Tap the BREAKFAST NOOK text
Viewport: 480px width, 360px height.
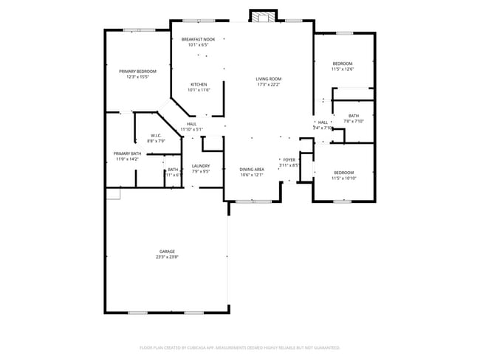[198, 39]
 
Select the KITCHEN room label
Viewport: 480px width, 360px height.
[199, 84]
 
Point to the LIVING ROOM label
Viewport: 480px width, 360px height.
[269, 79]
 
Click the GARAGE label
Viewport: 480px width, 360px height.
[167, 252]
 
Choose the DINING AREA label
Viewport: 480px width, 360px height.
[252, 170]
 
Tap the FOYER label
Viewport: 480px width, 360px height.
[289, 159]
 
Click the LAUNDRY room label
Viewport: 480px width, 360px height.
[201, 166]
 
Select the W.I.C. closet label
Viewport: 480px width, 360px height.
[157, 135]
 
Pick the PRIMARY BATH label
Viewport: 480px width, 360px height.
[126, 153]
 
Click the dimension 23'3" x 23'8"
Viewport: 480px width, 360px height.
[167, 257]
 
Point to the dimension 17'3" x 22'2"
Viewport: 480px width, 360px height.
[269, 85]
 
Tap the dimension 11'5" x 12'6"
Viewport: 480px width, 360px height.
[343, 69]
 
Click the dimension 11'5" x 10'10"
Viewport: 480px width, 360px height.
[343, 179]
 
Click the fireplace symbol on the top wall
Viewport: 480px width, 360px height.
[264, 16]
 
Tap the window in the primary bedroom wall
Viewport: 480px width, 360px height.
[139, 30]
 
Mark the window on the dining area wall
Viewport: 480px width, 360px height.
[252, 201]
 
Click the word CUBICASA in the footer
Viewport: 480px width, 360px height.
[204, 347]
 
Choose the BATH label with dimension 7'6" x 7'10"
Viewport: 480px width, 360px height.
[354, 115]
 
